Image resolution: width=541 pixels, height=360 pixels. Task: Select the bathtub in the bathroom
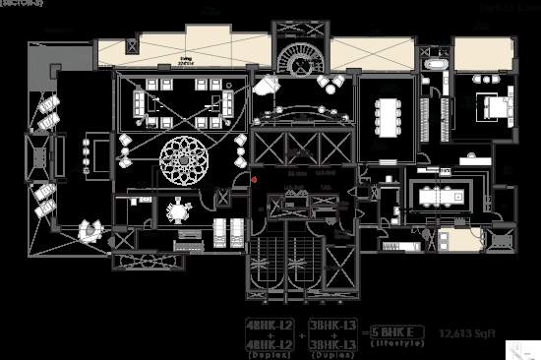(437, 64)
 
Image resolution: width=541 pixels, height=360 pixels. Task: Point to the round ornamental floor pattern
(185, 158)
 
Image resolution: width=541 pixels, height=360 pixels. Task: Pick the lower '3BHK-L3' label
(331, 342)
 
